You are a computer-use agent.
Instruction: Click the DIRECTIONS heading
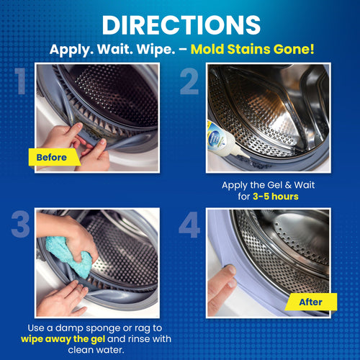(x=180, y=23)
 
